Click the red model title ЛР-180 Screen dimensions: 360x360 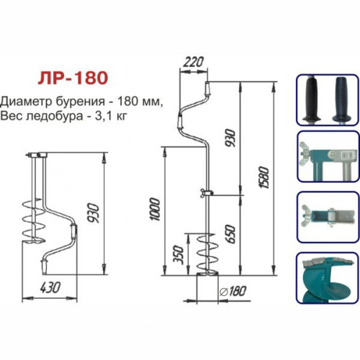pos(73,78)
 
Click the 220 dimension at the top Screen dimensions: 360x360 pos(194,62)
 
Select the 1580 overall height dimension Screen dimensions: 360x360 pos(264,177)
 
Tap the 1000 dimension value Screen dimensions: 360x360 pos(155,209)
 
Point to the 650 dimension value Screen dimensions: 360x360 pos(230,234)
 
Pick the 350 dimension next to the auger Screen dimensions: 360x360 pos(179,255)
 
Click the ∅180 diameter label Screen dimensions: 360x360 pos(233,291)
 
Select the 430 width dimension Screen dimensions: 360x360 pos(50,287)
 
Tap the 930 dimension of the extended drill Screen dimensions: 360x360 pos(230,138)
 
